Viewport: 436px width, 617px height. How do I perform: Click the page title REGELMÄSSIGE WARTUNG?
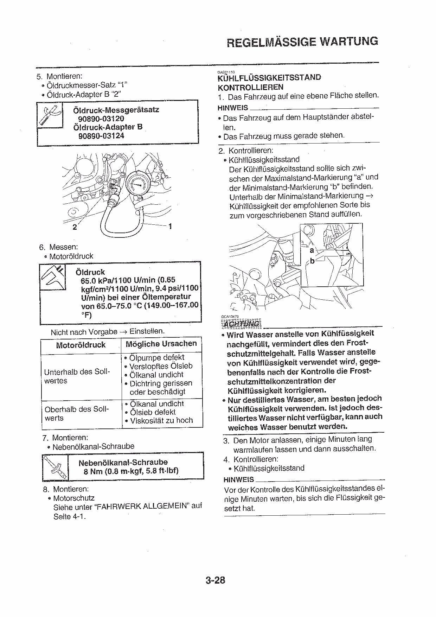pyautogui.click(x=302, y=42)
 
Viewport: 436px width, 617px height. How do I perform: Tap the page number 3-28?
pyautogui.click(x=215, y=580)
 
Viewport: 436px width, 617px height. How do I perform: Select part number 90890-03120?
pyautogui.click(x=101, y=119)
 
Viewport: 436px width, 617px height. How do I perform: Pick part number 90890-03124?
pyautogui.click(x=101, y=136)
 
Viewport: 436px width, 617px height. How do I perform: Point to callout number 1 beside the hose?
pyautogui.click(x=171, y=226)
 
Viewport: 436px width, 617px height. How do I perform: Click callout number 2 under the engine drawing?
pyautogui.click(x=75, y=227)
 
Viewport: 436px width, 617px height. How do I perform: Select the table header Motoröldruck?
pyautogui.click(x=81, y=345)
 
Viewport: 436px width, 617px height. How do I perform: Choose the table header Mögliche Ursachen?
pyautogui.click(x=161, y=344)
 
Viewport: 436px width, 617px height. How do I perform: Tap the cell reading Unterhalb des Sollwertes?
pyautogui.click(x=77, y=376)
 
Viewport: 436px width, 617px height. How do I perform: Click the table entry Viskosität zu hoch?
pyautogui.click(x=161, y=420)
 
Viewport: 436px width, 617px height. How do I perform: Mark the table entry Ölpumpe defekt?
pyautogui.click(x=156, y=358)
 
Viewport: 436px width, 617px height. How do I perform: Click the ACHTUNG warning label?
pyautogui.click(x=241, y=324)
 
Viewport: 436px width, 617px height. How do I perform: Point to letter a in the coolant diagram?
pyautogui.click(x=312, y=250)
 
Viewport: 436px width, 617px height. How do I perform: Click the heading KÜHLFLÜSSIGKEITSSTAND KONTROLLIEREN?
pyautogui.click(x=269, y=82)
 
